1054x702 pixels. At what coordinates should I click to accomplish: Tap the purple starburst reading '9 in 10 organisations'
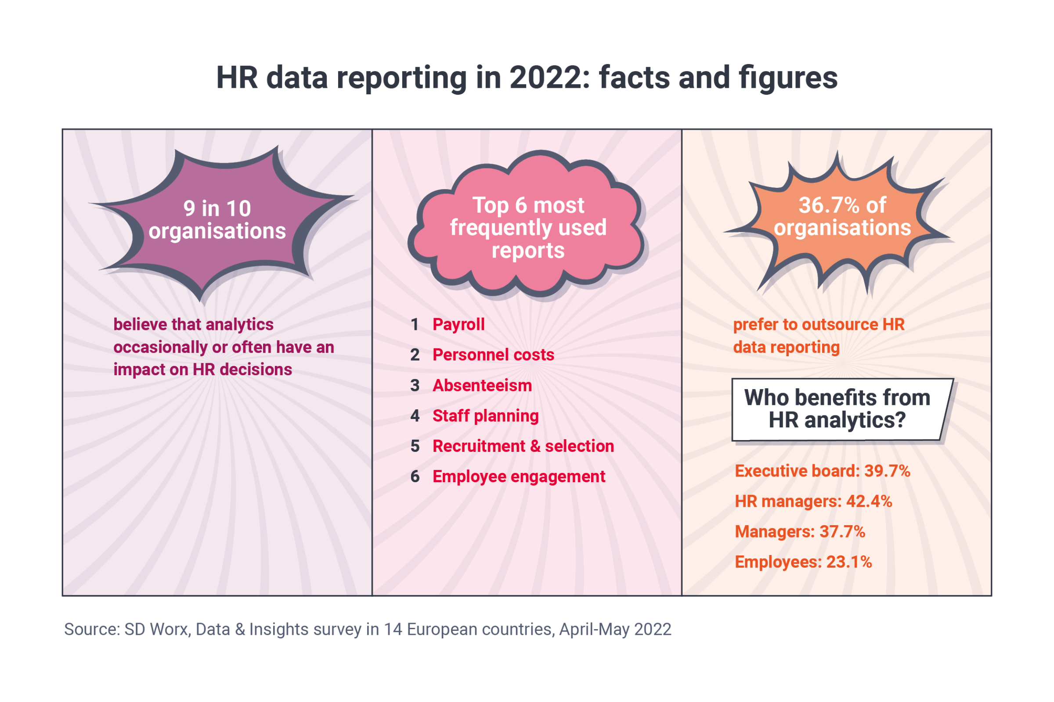217,220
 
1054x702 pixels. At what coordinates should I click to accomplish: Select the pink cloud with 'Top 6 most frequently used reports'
528,227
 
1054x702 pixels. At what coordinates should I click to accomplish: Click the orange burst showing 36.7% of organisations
842,217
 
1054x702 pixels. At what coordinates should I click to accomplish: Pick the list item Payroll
458,325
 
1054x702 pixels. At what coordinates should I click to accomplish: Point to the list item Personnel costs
493,355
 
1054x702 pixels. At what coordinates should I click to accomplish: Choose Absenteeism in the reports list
482,386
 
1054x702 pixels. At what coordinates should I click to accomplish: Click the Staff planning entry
485,416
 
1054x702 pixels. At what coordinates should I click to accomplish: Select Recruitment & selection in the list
523,446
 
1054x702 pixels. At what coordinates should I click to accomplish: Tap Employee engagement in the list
519,477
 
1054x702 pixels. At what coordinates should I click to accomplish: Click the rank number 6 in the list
415,477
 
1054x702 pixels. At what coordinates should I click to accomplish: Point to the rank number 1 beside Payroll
415,325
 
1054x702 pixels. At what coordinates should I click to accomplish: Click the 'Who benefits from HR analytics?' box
837,409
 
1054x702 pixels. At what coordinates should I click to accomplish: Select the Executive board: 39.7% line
822,471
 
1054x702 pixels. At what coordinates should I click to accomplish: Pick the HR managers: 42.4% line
813,501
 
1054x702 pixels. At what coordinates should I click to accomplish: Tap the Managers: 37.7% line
800,532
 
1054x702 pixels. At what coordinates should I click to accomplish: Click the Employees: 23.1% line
803,562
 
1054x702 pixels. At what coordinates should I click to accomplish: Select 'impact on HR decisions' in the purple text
202,370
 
